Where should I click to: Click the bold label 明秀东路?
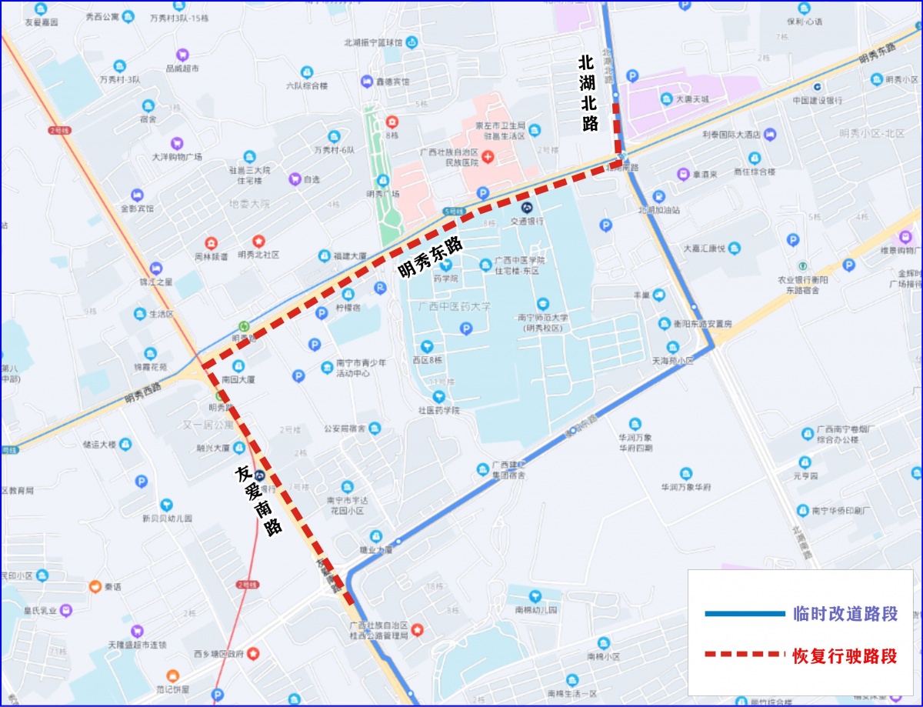pos(430,257)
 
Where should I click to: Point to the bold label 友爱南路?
pos(258,499)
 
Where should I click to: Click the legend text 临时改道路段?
pos(845,614)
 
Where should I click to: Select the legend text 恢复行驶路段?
pos(845,656)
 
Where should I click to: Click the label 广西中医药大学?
pos(454,306)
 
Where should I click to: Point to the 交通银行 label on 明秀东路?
pos(528,221)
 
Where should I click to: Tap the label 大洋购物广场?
pos(177,157)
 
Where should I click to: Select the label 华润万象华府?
pos(686,487)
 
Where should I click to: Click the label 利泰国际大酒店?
pos(731,135)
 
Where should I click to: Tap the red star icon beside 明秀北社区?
pos(258,241)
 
